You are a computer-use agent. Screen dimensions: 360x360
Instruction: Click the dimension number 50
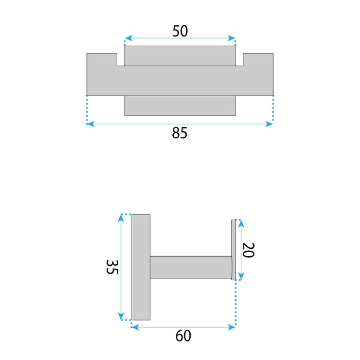(x=180, y=31)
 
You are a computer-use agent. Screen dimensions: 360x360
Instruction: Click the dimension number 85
(x=179, y=133)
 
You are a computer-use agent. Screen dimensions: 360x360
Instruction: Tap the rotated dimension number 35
(x=112, y=267)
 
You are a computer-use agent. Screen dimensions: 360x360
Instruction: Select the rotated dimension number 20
(x=248, y=250)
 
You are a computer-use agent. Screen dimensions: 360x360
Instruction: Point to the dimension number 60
(x=183, y=336)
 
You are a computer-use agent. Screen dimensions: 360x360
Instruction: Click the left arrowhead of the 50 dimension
(x=129, y=38)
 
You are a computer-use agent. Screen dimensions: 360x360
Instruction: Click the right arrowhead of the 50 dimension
(x=231, y=38)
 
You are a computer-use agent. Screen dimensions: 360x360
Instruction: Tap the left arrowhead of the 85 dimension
(x=91, y=124)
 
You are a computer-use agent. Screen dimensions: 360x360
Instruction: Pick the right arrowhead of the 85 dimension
(x=269, y=124)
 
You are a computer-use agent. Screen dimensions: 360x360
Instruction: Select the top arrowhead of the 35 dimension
(x=121, y=218)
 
